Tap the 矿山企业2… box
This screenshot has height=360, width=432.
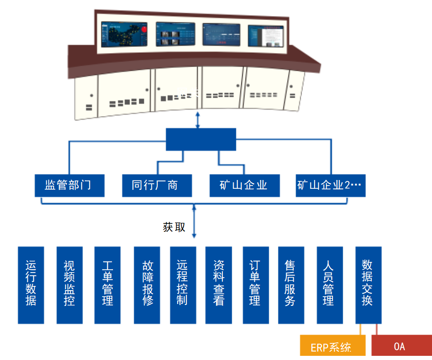pyautogui.click(x=331, y=186)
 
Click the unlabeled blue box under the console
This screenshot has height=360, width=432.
pyautogui.click(x=201, y=139)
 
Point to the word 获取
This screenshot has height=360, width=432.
pyautogui.click(x=174, y=227)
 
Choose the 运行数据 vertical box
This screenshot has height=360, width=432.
pyautogui.click(x=31, y=285)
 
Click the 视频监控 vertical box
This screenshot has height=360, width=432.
pyautogui.click(x=69, y=285)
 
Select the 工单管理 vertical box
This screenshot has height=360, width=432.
pyautogui.click(x=107, y=285)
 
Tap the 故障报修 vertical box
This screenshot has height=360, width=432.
pyautogui.click(x=147, y=285)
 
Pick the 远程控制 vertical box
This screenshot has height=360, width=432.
pyautogui.click(x=183, y=285)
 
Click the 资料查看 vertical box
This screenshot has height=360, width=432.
pyautogui.click(x=219, y=285)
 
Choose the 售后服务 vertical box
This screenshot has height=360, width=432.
pyautogui.click(x=291, y=285)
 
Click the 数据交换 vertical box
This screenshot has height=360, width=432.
pyautogui.click(x=368, y=285)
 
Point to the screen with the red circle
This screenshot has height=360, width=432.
pyautogui.click(x=124, y=35)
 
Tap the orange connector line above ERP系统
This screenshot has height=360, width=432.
pyautogui.click(x=360, y=329)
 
